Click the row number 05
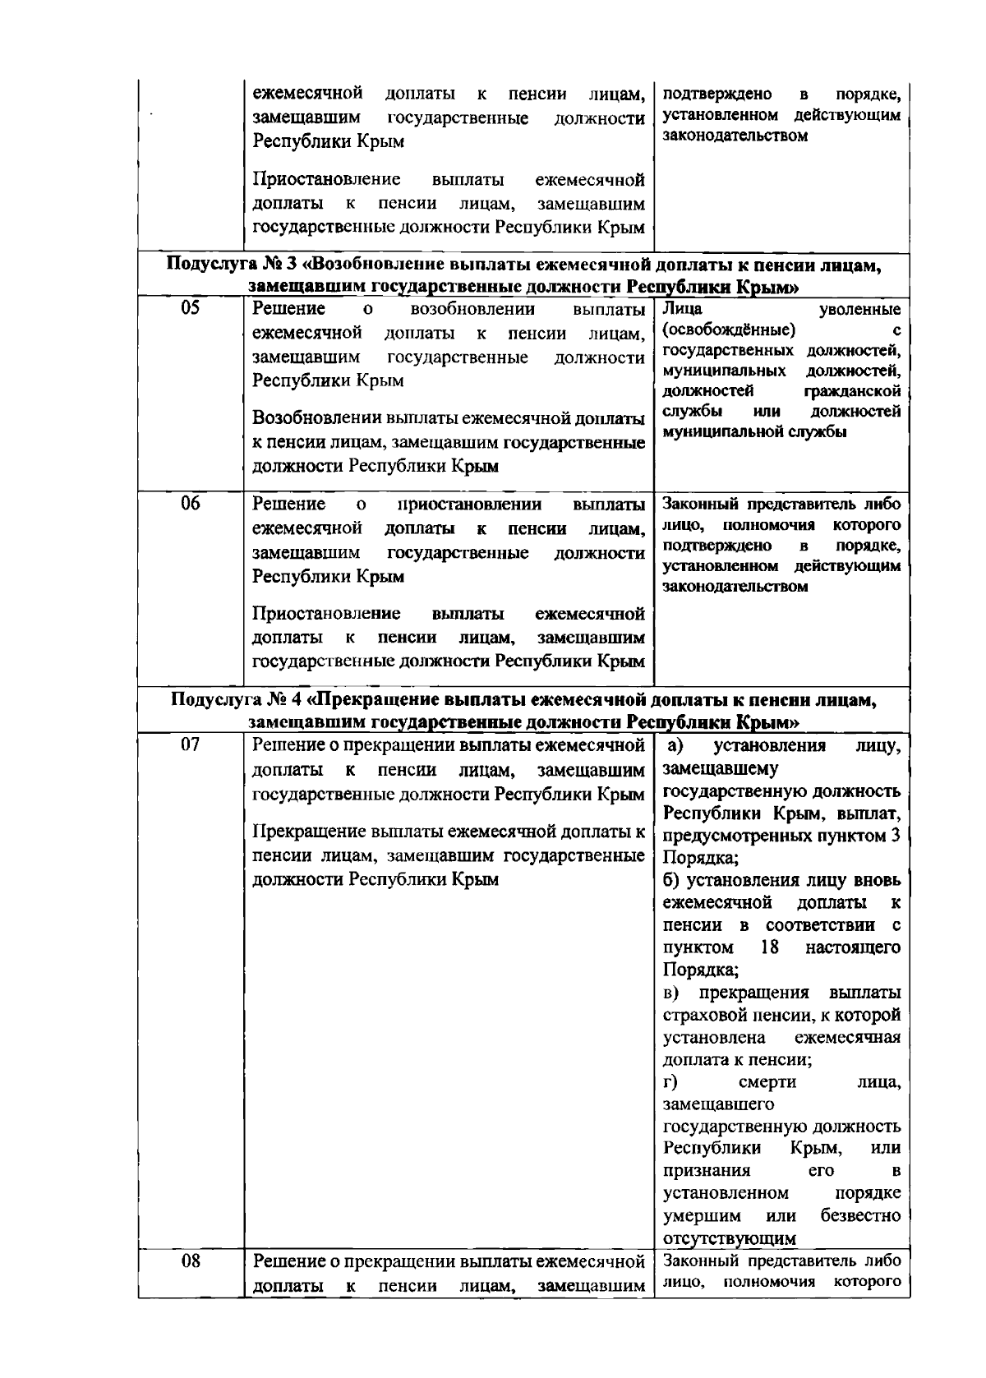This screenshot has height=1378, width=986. pos(191,309)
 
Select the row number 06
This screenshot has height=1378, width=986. pos(191,504)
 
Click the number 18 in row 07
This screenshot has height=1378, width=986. pos(770,947)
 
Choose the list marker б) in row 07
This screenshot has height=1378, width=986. pos(673,880)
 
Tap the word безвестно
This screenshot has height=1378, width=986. pos(859,1214)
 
